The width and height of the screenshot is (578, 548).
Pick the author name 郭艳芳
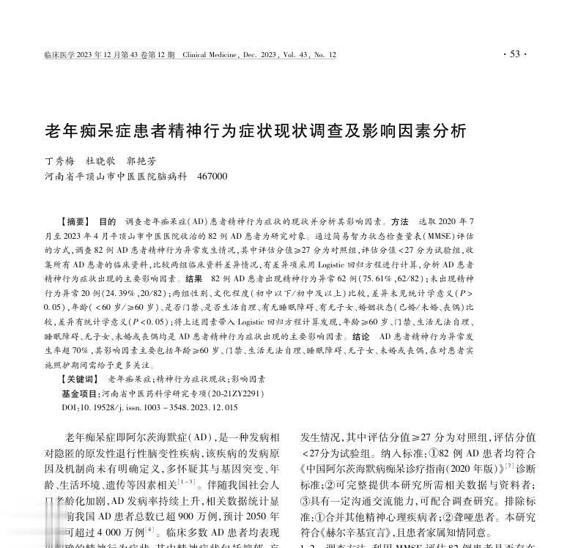[x=141, y=161]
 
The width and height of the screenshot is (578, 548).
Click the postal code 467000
[x=212, y=177]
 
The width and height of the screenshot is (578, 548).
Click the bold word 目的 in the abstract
[x=107, y=221]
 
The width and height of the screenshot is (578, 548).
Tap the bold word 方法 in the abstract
[x=399, y=221]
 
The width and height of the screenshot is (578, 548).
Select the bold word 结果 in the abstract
[x=194, y=279]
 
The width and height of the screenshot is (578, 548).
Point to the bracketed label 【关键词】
[x=80, y=379]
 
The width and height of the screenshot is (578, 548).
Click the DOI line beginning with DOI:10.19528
[x=149, y=407]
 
